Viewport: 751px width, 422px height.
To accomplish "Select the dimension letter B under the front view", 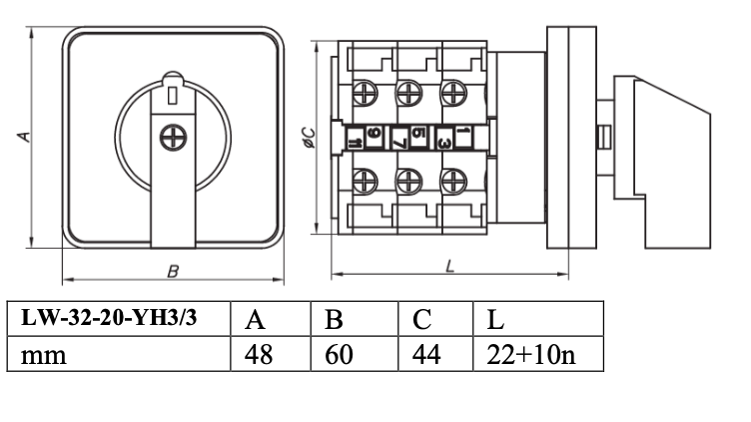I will (x=173, y=270).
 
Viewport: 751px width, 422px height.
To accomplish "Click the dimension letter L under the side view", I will (x=450, y=266).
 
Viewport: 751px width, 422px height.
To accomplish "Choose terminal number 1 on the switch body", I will (x=463, y=131).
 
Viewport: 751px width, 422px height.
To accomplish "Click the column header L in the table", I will (x=495, y=320).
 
